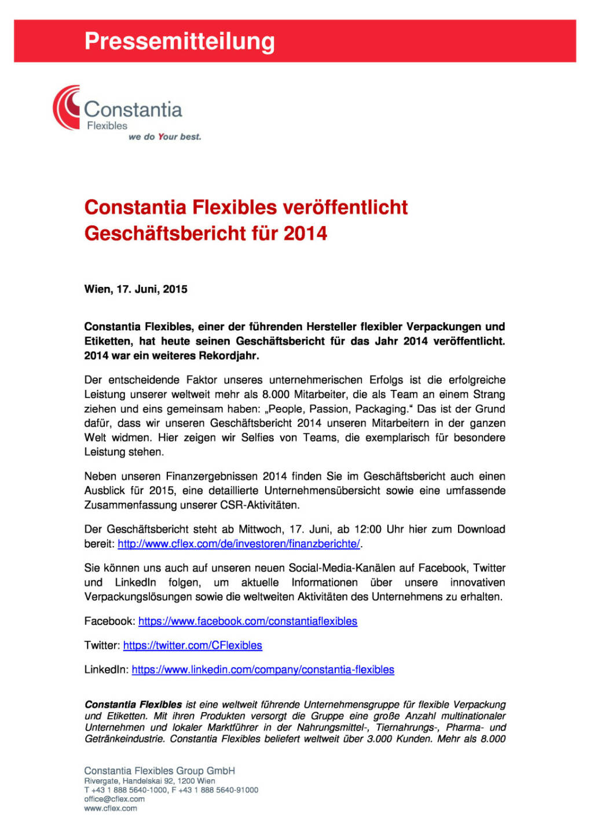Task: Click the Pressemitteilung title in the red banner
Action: pyautogui.click(x=179, y=42)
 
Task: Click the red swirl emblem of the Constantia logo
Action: pyautogui.click(x=66, y=108)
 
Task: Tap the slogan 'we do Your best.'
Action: pyautogui.click(x=164, y=137)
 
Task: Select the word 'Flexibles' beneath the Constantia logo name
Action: pyautogui.click(x=107, y=126)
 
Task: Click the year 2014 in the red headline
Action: pyautogui.click(x=305, y=234)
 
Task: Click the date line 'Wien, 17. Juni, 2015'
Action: pyautogui.click(x=135, y=289)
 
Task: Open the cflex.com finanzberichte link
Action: pyautogui.click(x=239, y=544)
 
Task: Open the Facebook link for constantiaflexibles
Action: pyautogui.click(x=247, y=621)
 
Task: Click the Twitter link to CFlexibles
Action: pyautogui.click(x=192, y=646)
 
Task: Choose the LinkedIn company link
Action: pyautogui.click(x=263, y=670)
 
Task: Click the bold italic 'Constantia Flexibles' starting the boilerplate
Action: pyautogui.click(x=133, y=705)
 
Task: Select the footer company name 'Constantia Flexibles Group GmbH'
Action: pyautogui.click(x=159, y=771)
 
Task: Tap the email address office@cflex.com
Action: pyautogui.click(x=114, y=799)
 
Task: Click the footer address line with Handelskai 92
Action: pyautogui.click(x=149, y=781)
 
